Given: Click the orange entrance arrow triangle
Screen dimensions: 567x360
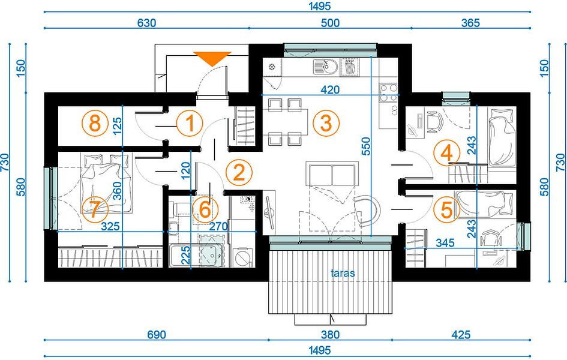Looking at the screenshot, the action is point(212,58).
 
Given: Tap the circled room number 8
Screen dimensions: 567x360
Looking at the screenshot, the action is point(95,123).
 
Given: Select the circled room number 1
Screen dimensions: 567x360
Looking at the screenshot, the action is point(190,123).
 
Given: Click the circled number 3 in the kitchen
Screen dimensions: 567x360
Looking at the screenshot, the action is point(326,123).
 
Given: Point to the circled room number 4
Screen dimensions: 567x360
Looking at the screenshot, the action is point(447,152).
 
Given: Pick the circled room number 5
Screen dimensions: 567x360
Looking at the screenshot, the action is point(447,209).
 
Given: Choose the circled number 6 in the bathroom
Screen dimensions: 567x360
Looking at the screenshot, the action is point(205,209).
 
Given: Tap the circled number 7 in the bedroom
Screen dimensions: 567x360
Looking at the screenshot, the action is point(95,209).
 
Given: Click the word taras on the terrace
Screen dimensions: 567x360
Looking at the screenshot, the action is point(343,273).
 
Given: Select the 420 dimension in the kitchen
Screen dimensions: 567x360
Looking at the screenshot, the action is point(330,89).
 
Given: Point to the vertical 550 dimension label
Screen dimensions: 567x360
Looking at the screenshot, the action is point(366,146).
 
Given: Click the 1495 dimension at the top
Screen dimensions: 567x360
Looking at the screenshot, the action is point(320,6).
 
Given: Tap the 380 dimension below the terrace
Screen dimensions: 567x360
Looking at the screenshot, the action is point(330,334).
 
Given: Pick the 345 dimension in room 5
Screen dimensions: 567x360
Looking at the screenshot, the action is point(445,242).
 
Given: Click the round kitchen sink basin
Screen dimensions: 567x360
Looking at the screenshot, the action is point(330,67).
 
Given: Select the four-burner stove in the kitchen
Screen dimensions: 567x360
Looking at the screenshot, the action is point(388,92).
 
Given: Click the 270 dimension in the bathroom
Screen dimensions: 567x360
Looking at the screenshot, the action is point(219,226).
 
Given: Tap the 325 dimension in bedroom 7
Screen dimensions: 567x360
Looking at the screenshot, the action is point(110,226).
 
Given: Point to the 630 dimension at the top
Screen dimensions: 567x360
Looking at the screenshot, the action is point(147,23).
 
